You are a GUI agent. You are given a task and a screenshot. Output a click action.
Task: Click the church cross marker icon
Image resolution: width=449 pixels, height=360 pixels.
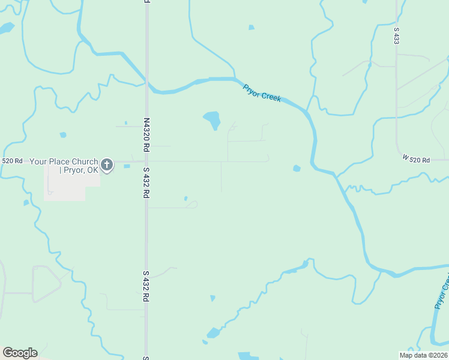tap(107, 164)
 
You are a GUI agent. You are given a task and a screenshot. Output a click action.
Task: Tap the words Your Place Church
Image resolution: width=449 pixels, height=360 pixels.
tap(64, 161)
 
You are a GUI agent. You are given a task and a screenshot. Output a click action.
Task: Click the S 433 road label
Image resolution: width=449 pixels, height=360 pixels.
tap(396, 35)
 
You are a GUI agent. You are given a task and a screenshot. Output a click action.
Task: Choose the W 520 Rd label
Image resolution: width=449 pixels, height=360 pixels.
tap(416, 159)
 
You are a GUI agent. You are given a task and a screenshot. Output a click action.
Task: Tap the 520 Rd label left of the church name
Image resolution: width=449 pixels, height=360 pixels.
tap(12, 161)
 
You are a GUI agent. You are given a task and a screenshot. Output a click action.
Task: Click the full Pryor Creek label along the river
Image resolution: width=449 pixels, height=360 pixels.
tap(262, 92)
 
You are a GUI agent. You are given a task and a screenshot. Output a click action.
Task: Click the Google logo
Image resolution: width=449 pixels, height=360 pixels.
tap(20, 352)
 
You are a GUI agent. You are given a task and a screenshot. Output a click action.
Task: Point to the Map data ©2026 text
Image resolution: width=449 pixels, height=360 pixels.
tap(423, 355)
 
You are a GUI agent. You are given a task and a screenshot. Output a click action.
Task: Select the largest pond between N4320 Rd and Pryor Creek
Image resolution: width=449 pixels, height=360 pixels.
tap(212, 119)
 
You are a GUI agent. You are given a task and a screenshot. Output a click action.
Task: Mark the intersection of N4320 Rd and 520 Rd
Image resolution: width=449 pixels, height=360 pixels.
tap(146, 161)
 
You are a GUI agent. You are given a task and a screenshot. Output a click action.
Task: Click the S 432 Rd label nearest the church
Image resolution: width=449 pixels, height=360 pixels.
tap(146, 184)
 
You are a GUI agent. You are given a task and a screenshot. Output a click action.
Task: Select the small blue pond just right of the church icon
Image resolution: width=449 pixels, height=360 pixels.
tap(127, 166)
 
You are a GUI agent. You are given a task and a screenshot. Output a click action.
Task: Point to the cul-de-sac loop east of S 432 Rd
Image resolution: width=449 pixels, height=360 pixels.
tap(192, 205)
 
